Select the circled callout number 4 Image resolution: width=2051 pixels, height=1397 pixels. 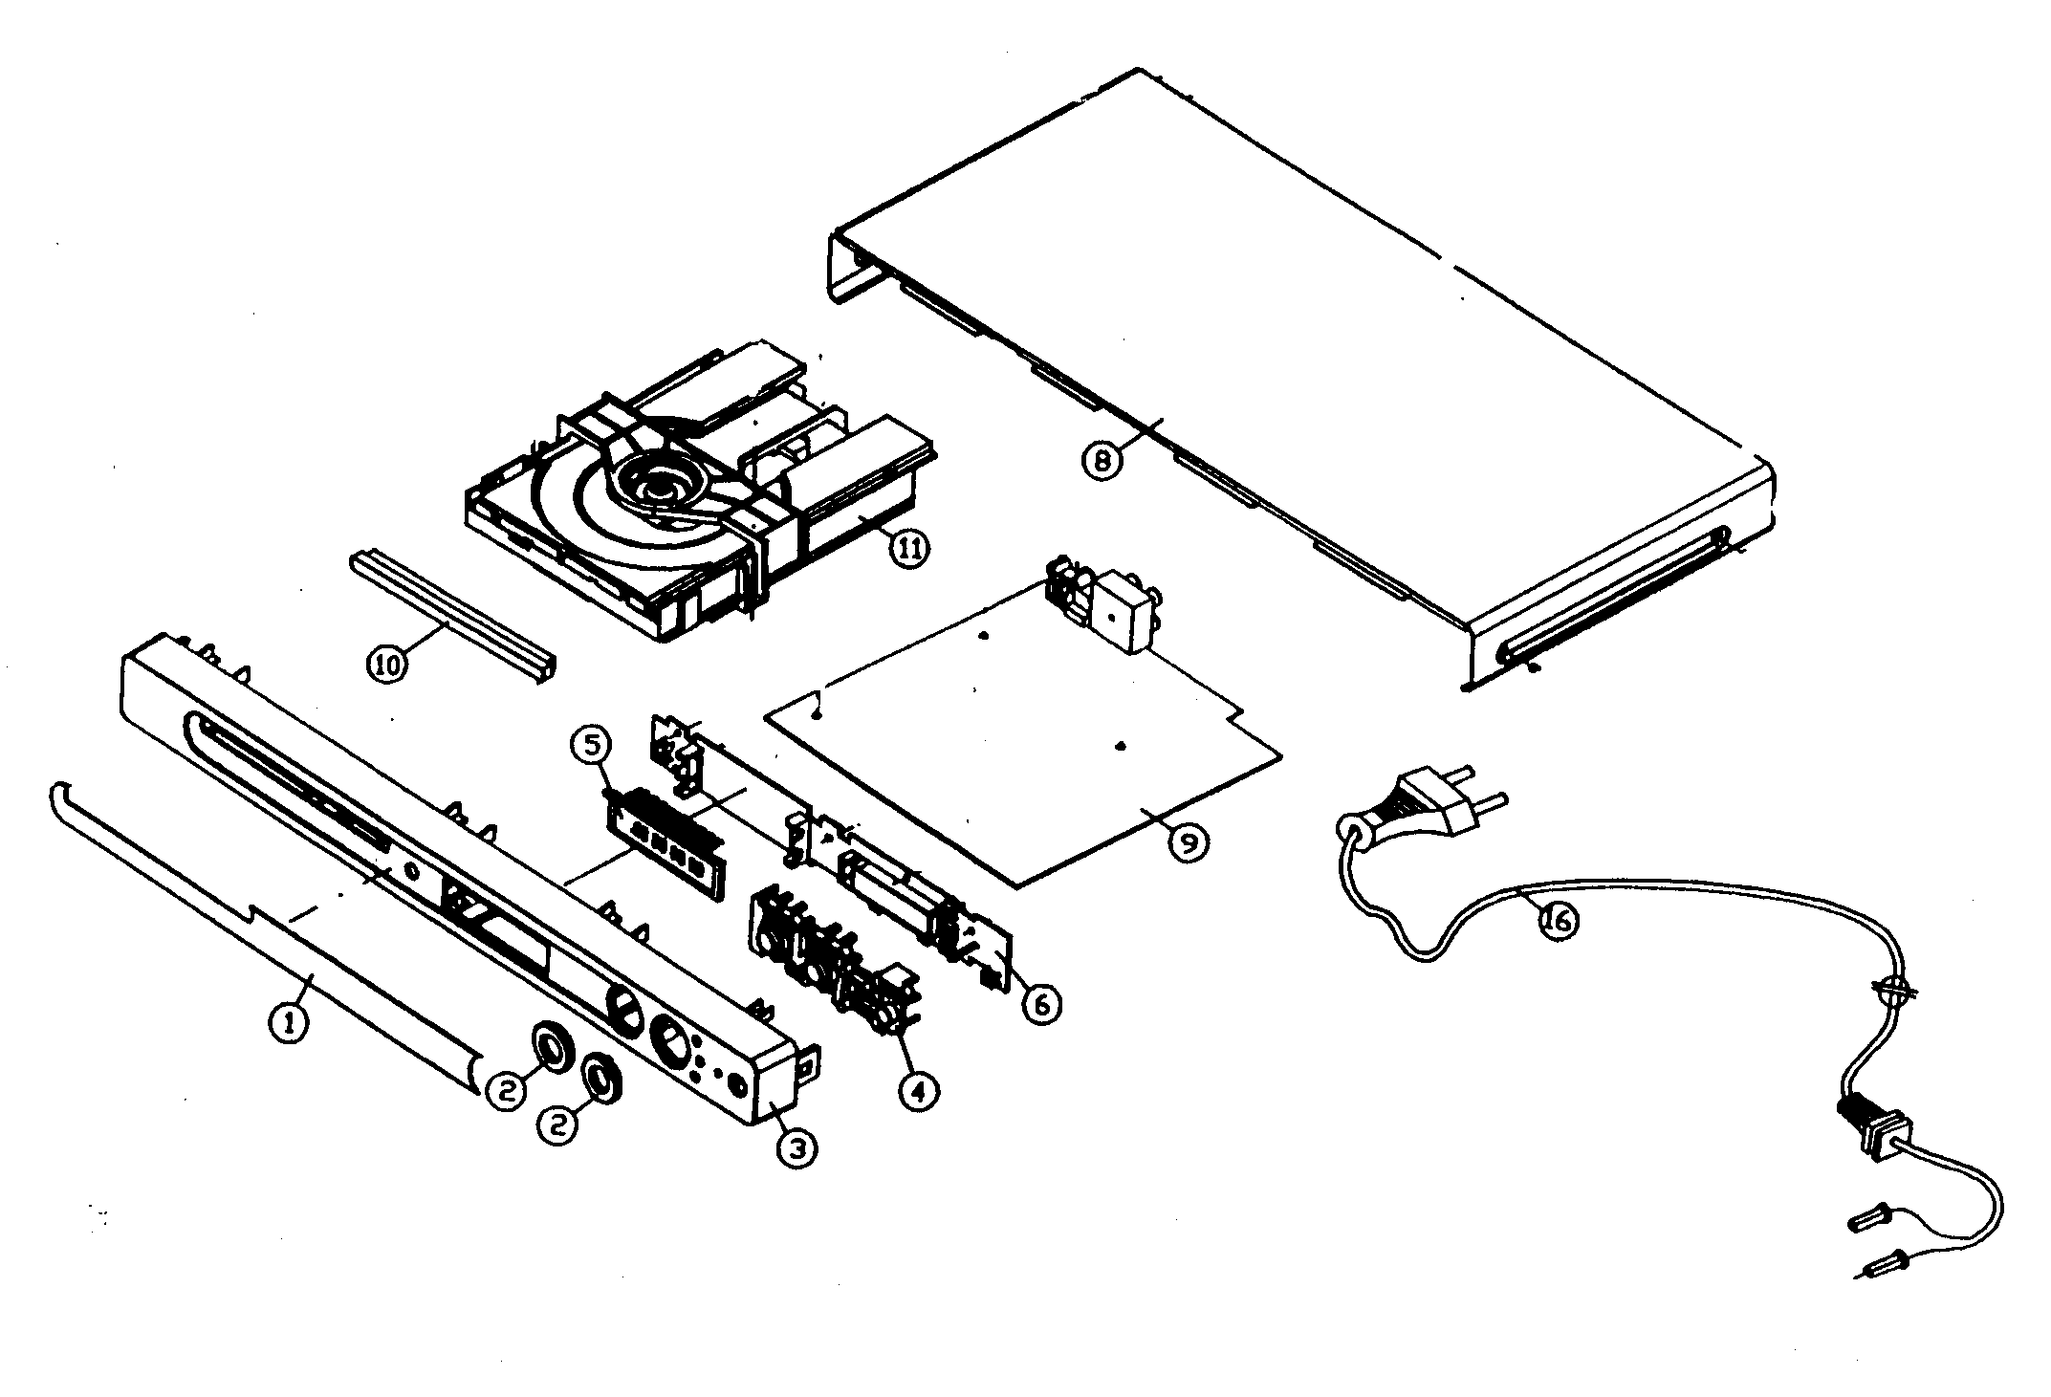pyautogui.click(x=919, y=1091)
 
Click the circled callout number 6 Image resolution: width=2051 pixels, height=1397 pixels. pyautogui.click(x=1040, y=1003)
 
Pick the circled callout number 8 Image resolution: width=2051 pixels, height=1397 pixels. pyautogui.click(x=1101, y=461)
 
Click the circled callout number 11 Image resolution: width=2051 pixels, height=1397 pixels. pyautogui.click(x=906, y=550)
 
